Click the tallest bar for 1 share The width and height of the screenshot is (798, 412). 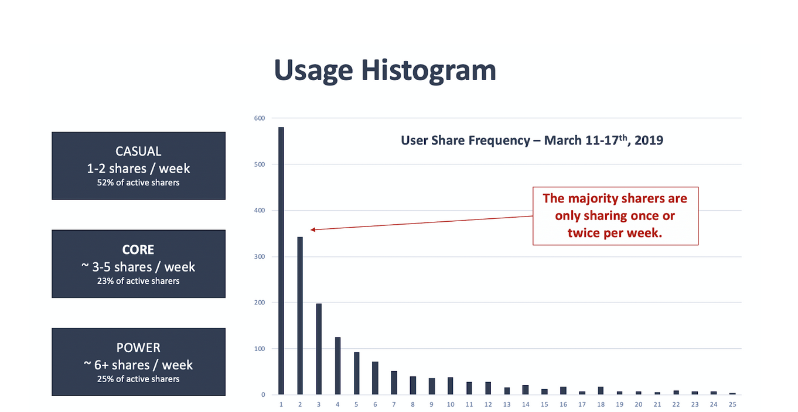click(281, 260)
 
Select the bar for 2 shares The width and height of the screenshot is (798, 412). click(300, 315)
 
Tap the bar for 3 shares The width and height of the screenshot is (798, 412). click(319, 349)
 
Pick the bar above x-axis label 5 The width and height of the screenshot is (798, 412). click(357, 373)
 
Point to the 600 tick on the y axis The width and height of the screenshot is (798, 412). click(260, 118)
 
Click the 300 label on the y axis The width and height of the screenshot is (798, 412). click(260, 256)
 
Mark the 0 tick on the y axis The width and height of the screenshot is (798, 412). click(263, 394)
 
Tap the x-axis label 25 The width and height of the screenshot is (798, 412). click(732, 404)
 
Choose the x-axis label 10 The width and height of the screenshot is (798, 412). click(451, 404)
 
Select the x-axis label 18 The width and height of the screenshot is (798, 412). click(601, 404)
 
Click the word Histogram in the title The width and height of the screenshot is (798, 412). click(428, 71)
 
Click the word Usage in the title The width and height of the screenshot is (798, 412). click(313, 71)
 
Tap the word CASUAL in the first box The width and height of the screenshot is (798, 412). click(138, 152)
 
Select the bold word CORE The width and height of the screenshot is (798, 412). click(138, 250)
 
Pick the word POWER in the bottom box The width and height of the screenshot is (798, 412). click(138, 348)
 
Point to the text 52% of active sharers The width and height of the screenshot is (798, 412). click(138, 183)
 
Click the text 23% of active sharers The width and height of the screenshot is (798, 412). click(138, 281)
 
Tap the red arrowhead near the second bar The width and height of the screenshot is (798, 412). click(313, 230)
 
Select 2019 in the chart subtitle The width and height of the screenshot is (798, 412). click(649, 140)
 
